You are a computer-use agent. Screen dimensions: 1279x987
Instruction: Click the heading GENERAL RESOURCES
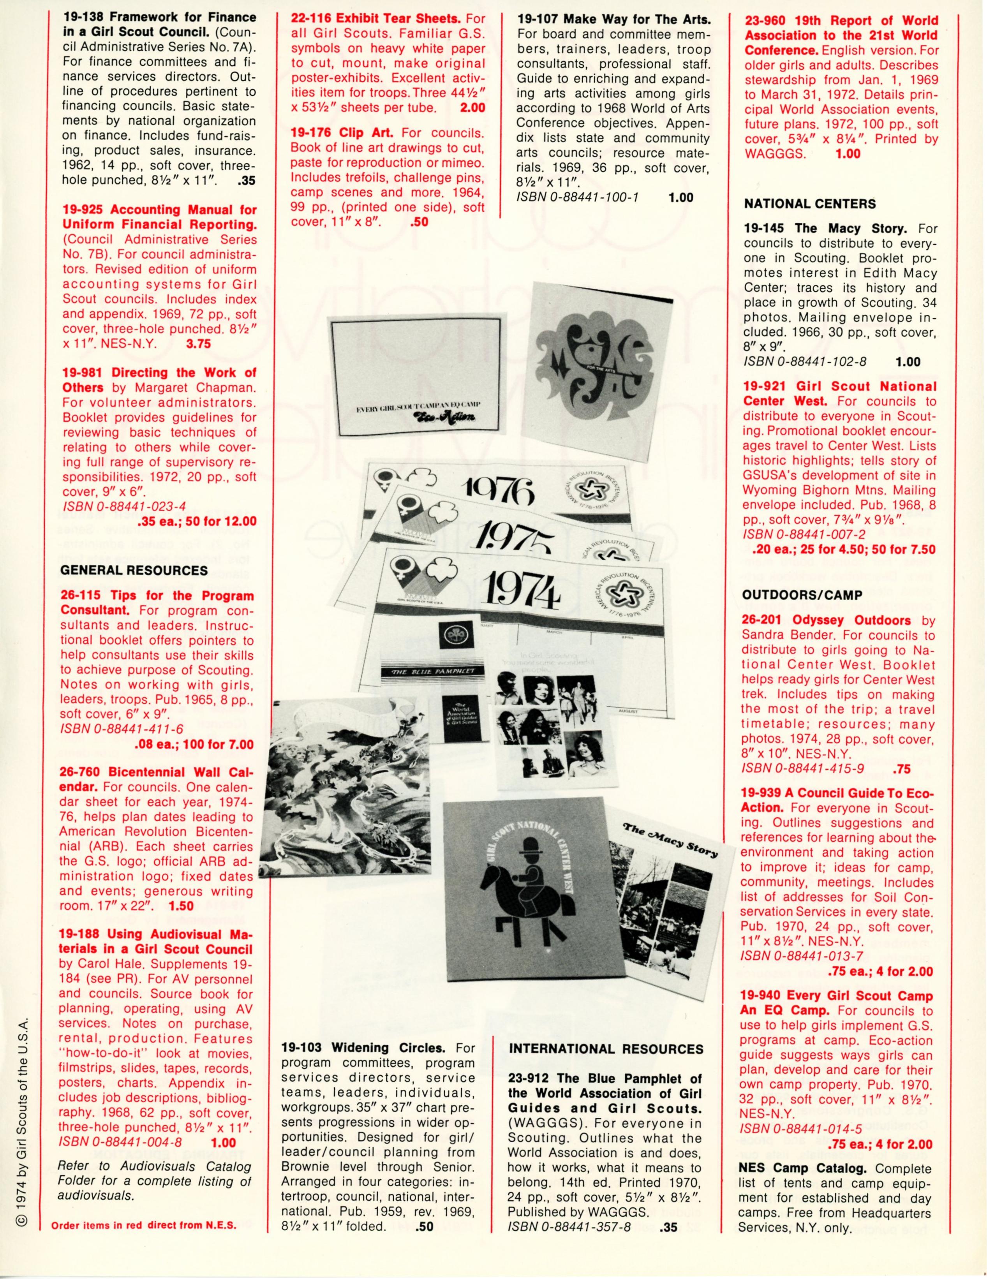pyautogui.click(x=134, y=571)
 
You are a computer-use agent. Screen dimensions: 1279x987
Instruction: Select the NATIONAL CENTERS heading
pyautogui.click(x=810, y=204)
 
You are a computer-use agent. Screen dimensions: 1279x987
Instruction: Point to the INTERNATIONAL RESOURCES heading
pyautogui.click(x=606, y=1049)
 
